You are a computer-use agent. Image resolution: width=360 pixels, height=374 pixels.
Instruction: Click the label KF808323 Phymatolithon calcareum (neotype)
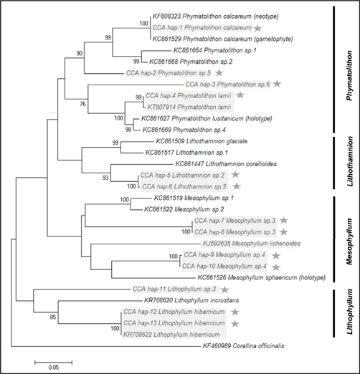(x=216, y=16)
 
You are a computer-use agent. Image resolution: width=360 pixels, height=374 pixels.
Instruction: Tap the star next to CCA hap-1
(x=257, y=28)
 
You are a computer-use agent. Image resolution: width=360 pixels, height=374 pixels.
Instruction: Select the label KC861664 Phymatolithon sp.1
(x=215, y=50)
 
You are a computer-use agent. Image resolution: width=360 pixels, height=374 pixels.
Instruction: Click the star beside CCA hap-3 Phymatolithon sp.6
(x=277, y=84)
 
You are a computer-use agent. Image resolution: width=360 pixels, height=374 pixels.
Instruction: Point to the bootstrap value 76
(x=82, y=104)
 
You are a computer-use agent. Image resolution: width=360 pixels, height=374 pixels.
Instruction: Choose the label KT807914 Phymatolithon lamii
(x=189, y=107)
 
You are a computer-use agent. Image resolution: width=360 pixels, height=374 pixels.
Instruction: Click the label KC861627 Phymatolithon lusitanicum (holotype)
(x=207, y=118)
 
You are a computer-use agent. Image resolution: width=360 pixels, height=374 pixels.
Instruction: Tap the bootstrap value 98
(x=128, y=130)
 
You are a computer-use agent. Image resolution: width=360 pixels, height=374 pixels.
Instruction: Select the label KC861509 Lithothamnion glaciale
(x=202, y=141)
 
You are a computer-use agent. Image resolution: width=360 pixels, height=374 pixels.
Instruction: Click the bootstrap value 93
(x=105, y=178)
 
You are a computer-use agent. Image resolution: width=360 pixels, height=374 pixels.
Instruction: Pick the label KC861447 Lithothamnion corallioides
(x=226, y=164)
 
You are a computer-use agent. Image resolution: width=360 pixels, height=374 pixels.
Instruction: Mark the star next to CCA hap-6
(x=237, y=186)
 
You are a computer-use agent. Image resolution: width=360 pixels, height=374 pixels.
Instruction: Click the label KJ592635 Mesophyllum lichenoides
(x=252, y=244)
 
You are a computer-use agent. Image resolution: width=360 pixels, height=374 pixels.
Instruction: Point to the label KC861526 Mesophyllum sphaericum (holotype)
(x=262, y=278)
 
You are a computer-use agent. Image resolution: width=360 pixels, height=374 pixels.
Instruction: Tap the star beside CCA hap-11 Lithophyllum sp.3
(x=224, y=289)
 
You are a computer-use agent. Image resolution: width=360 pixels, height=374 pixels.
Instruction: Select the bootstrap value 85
(x=53, y=317)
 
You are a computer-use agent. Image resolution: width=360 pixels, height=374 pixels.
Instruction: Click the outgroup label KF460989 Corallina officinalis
(x=244, y=346)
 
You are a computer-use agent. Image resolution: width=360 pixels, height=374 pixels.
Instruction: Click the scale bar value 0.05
(x=54, y=367)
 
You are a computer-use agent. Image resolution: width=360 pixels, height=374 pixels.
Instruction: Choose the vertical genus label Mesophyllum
(x=349, y=241)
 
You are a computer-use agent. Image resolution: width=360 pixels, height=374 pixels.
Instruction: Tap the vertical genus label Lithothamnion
(x=349, y=161)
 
